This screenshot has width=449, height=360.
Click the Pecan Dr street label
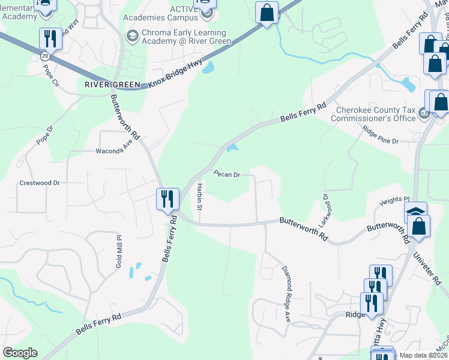(227, 174)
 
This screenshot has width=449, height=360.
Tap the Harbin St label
(199, 197)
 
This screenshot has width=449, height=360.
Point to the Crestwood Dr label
(40, 182)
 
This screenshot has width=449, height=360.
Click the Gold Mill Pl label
(119, 251)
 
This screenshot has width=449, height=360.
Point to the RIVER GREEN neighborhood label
(112, 85)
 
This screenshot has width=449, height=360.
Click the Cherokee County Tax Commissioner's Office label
(376, 114)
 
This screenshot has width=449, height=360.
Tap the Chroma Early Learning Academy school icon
(131, 37)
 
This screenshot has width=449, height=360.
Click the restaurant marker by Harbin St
(167, 199)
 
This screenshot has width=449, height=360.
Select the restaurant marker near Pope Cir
(49, 39)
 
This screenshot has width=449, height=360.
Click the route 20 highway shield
(44, 55)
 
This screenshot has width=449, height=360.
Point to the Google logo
(20, 353)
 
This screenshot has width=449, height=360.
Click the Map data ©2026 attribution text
(423, 355)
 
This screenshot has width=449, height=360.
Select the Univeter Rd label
(425, 263)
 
